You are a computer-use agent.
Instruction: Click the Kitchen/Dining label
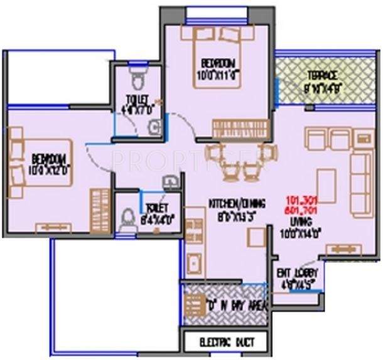(x=237, y=204)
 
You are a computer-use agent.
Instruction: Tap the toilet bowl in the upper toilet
(x=136, y=77)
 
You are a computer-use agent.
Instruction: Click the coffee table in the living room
(x=325, y=185)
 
